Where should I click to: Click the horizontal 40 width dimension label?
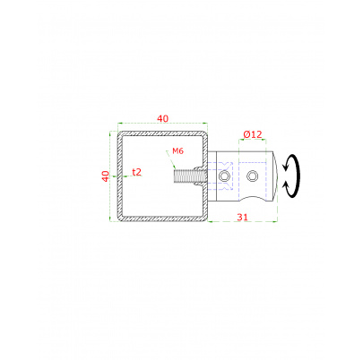(x=162, y=118)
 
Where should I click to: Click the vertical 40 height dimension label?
(x=106, y=176)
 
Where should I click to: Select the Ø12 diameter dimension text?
(x=253, y=134)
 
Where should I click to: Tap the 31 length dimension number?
(x=242, y=217)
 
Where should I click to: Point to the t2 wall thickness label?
(x=136, y=172)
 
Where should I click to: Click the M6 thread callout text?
(x=177, y=151)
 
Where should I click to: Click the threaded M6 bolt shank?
(x=188, y=176)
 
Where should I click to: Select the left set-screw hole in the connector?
(x=223, y=176)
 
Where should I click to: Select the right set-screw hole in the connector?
(x=252, y=176)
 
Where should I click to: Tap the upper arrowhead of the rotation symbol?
(x=285, y=167)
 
